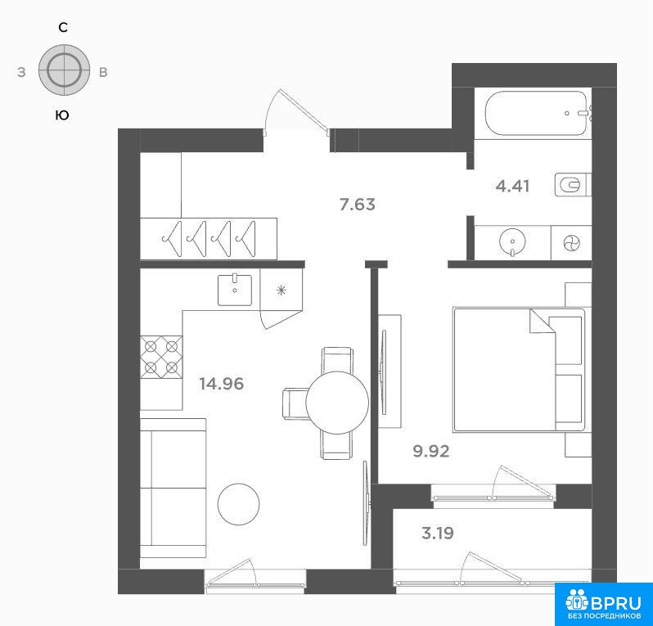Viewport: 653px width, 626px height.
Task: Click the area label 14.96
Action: pos(221,384)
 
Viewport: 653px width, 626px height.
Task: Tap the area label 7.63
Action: pos(358,205)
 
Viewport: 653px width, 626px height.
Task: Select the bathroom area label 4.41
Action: pos(512,186)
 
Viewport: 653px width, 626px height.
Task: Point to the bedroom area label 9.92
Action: pos(431,451)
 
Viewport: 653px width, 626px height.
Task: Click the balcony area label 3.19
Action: pos(437,533)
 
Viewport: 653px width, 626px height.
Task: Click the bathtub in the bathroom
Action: pos(537,113)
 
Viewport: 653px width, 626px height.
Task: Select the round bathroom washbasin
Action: pos(512,241)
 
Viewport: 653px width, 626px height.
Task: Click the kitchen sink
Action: pos(235,290)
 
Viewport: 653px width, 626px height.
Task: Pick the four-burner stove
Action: pos(161,357)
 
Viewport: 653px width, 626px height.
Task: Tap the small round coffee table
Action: pos(239,504)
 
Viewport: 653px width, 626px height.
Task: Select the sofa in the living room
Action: pos(173,488)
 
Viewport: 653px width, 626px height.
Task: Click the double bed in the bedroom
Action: pos(519,370)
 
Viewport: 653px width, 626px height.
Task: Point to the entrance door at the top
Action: pos(298,112)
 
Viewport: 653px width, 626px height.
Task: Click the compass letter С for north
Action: pos(63,28)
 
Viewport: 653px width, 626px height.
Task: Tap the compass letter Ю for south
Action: pos(62,115)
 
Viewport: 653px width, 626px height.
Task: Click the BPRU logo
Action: pos(603,604)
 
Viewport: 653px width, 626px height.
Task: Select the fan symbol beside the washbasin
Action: pos(571,242)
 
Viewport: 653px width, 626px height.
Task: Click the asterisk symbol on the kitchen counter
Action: pos(281,290)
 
